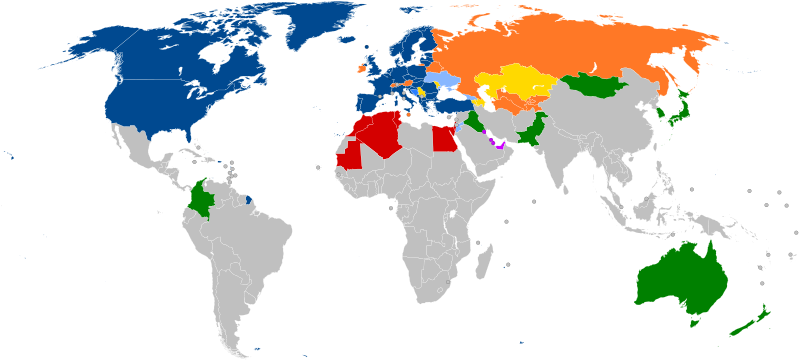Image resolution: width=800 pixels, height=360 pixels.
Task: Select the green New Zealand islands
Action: coord(745,325)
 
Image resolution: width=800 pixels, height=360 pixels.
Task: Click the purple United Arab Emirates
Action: coord(494,143)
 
